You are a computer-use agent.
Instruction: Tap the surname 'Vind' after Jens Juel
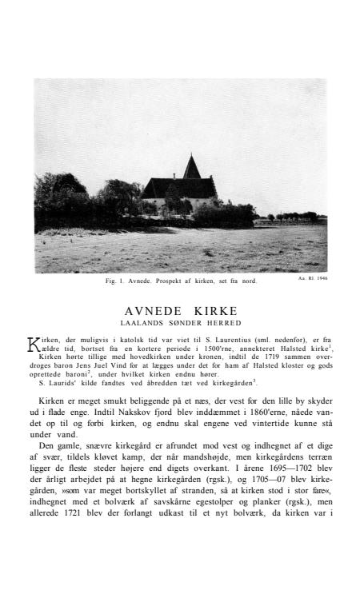118,365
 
